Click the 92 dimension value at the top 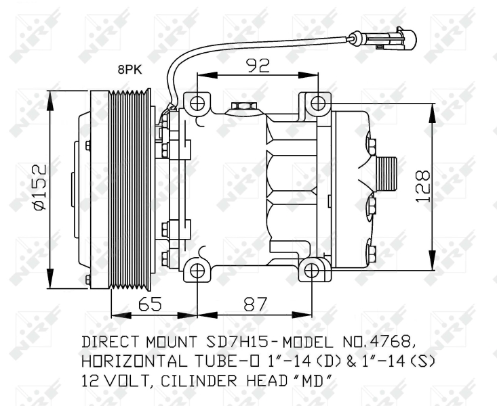(x=258, y=65)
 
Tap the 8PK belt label (x=130, y=69)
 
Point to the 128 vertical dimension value (x=422, y=186)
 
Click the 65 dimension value (x=150, y=304)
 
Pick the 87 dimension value (x=256, y=304)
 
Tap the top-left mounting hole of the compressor (x=197, y=103)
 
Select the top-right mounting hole (x=317, y=103)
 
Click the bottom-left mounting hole (x=197, y=271)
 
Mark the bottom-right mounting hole (x=312, y=271)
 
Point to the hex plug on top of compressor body (x=243, y=106)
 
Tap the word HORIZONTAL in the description (x=134, y=361)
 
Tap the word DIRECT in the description (x=111, y=342)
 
